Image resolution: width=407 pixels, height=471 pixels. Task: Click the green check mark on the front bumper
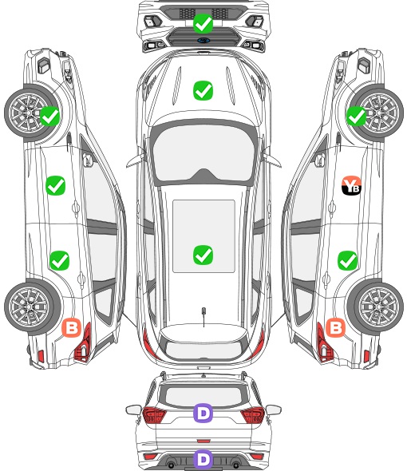tap(203, 23)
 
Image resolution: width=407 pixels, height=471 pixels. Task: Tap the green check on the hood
tap(203, 90)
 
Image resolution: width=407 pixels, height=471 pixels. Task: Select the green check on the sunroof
tap(203, 255)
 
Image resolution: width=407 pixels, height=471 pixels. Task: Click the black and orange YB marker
tap(351, 185)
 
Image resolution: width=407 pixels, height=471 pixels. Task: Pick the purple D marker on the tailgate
tap(203, 413)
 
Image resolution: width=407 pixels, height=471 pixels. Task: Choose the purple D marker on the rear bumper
tap(203, 459)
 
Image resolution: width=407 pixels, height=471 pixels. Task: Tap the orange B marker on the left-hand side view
tap(72, 327)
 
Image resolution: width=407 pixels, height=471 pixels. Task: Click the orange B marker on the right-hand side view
tap(335, 327)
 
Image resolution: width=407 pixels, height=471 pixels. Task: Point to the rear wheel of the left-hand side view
tap(30, 307)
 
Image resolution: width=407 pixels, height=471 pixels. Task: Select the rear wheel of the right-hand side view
tap(377, 307)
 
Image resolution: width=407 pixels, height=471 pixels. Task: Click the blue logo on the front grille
tap(203, 40)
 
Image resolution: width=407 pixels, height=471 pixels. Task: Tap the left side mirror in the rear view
tap(133, 410)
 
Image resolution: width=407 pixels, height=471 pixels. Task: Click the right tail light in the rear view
tap(253, 414)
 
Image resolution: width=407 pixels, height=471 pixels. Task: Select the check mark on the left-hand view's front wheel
tap(49, 117)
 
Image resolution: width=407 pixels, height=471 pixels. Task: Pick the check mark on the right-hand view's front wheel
tap(356, 117)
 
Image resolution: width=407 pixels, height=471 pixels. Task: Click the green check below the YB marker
tap(347, 260)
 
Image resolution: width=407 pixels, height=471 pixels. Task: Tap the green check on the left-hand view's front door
tap(55, 185)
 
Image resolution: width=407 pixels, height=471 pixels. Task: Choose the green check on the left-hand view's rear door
tap(59, 260)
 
